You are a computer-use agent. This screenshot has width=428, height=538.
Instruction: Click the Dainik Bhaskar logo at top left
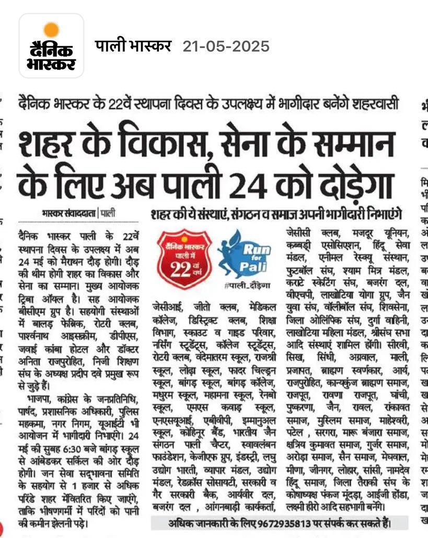click(x=51, y=46)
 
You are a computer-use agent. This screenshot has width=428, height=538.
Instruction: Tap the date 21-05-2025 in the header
click(x=226, y=46)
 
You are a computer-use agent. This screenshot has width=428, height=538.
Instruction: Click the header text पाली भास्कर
click(x=133, y=46)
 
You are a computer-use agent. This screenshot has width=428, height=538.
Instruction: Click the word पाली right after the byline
click(x=109, y=213)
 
